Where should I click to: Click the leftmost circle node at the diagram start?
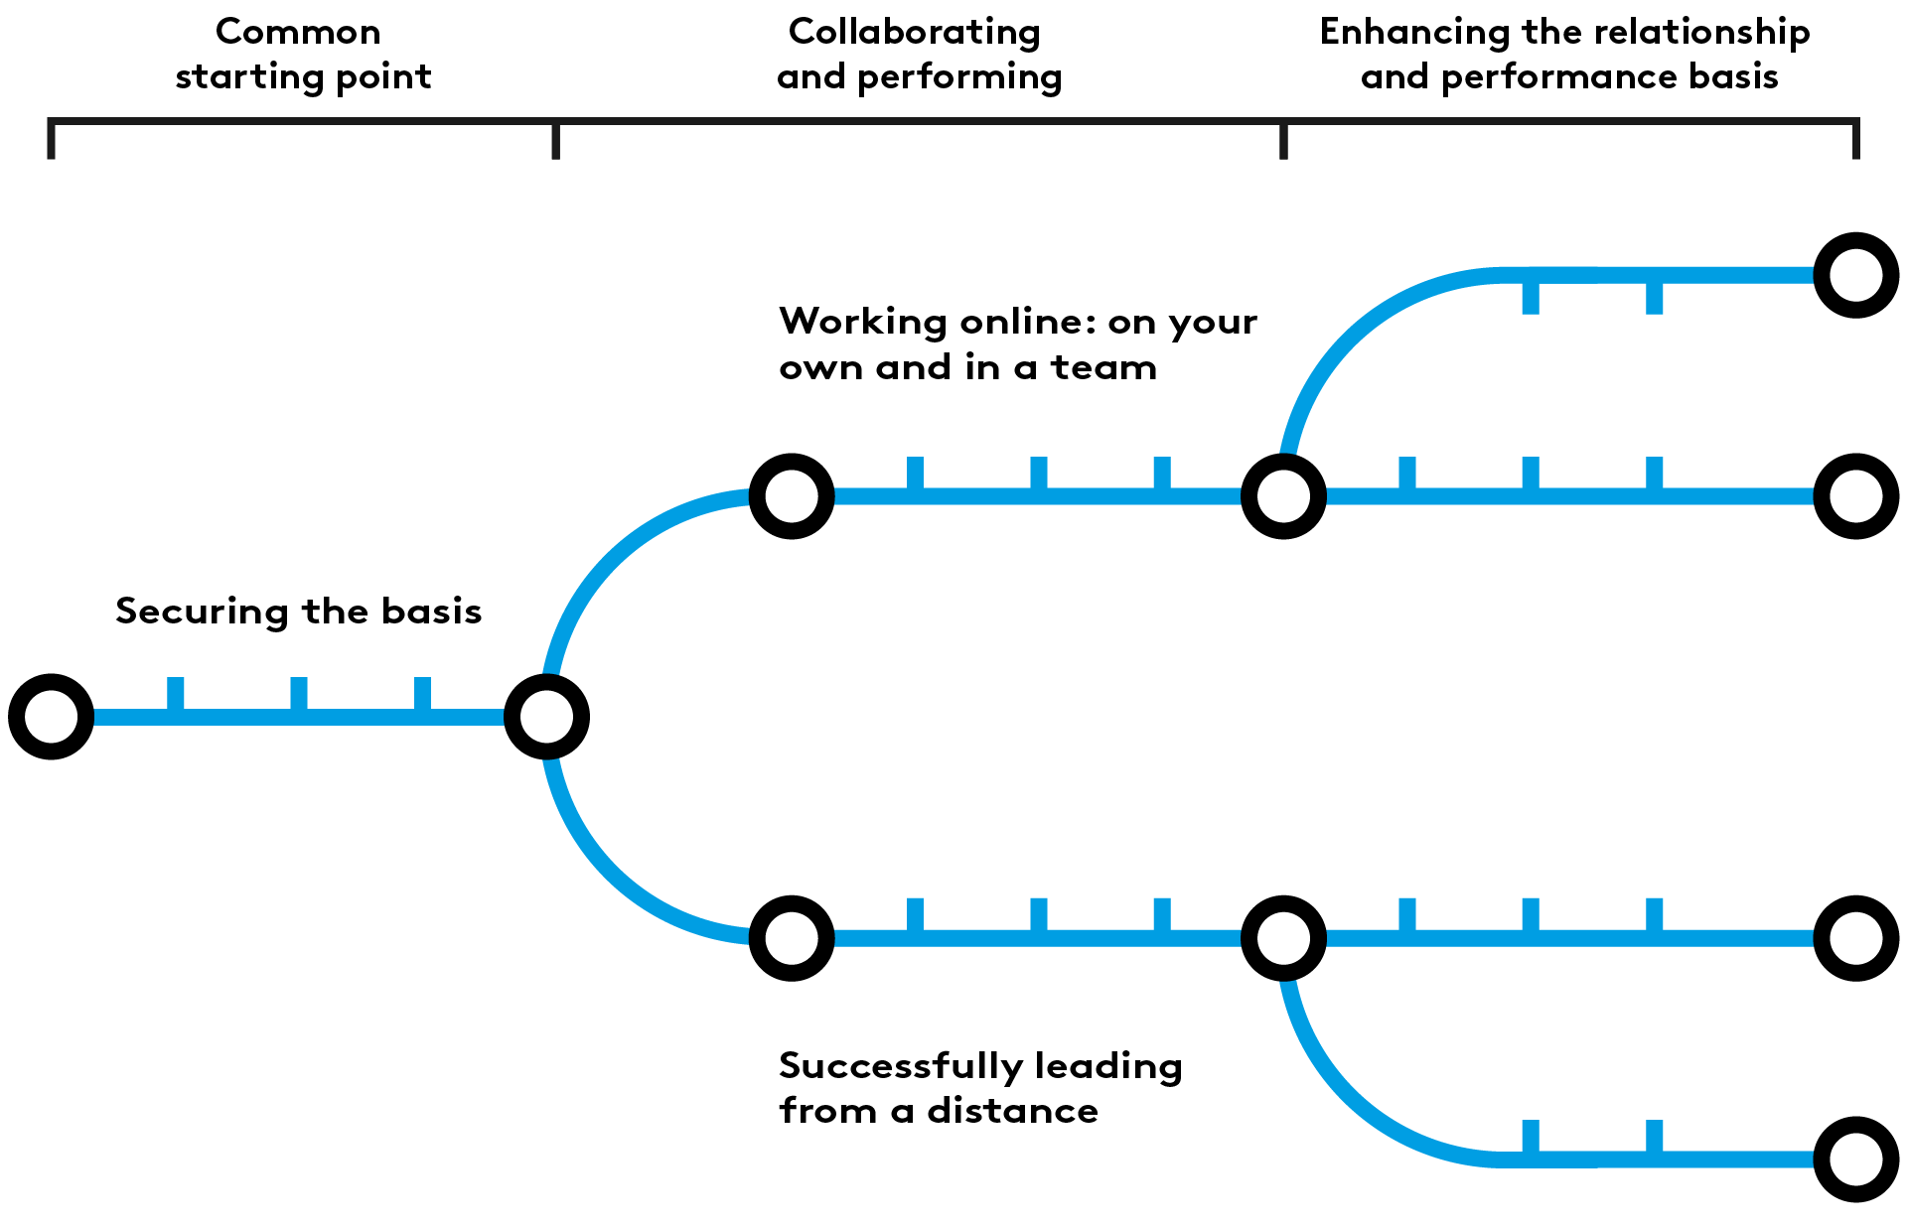[x=51, y=717]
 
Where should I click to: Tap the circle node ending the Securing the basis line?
[x=546, y=717]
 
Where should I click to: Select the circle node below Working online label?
[x=792, y=496]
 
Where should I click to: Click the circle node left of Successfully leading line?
[x=792, y=938]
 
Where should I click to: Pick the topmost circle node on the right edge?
[x=1855, y=275]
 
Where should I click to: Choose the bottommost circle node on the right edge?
[x=1855, y=1159]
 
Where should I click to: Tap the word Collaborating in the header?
[x=914, y=32]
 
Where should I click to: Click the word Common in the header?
[x=298, y=32]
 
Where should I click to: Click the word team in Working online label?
[x=1103, y=368]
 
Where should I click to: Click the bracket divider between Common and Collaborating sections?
[x=555, y=139]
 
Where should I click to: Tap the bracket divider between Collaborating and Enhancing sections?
[x=1283, y=139]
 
